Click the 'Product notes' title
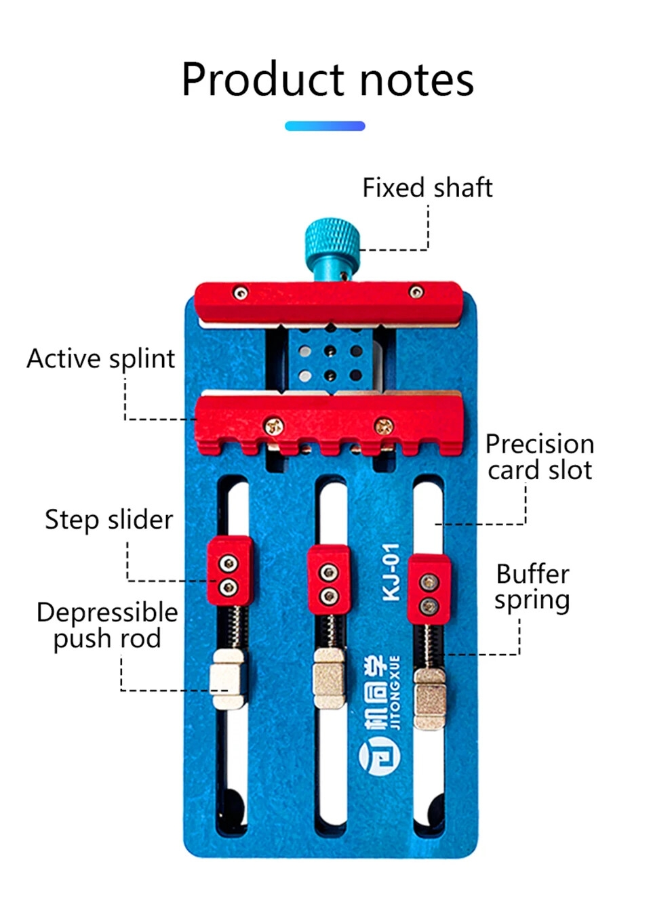(327, 79)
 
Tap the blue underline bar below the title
(325, 126)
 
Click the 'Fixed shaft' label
(427, 188)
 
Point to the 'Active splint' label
(101, 358)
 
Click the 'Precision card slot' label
(539, 457)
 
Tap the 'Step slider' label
(108, 520)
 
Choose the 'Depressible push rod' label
(107, 625)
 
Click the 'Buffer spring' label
(532, 587)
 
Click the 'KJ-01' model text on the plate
(391, 572)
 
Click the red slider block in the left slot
(230, 570)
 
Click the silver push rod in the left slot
(227, 679)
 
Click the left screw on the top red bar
(241, 293)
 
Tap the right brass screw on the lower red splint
(383, 426)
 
